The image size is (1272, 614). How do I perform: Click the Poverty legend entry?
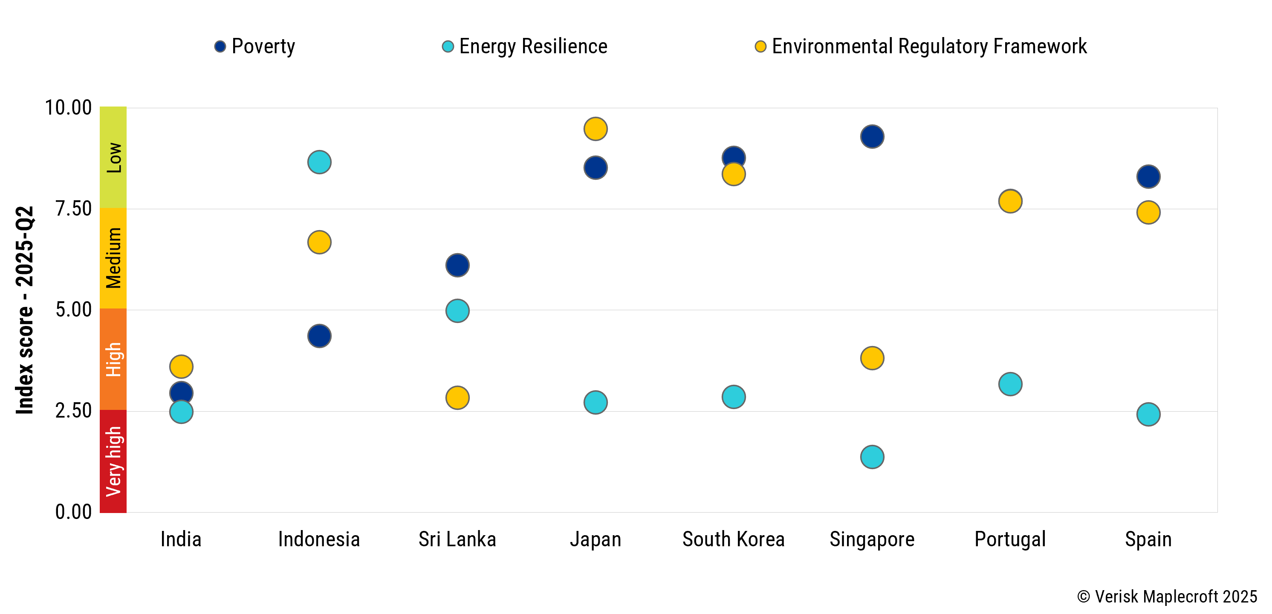coord(255,46)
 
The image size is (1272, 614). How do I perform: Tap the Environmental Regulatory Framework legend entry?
coord(922,46)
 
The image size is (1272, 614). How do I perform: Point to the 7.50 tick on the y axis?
coord(73,209)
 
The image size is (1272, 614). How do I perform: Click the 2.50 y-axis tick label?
coord(73,411)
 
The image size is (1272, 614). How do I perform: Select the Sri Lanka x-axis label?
coord(457,539)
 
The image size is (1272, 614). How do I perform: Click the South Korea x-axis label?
coord(733,539)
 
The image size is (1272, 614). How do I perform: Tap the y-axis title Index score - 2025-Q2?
coord(25,310)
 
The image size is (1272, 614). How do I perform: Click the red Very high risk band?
coord(113,461)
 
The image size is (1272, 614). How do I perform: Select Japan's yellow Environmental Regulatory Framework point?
coord(596,129)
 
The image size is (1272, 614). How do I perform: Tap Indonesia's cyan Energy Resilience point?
coord(319,162)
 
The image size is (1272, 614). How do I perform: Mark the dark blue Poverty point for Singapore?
coord(872,137)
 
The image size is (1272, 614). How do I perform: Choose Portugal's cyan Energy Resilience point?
coord(1010,384)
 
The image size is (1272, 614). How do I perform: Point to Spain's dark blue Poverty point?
coord(1148,177)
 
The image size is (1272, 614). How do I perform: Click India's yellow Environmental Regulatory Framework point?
coord(181,367)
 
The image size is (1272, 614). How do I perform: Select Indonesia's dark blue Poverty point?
coord(319,336)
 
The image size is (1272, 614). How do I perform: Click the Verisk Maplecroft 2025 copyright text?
coord(1167,597)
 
